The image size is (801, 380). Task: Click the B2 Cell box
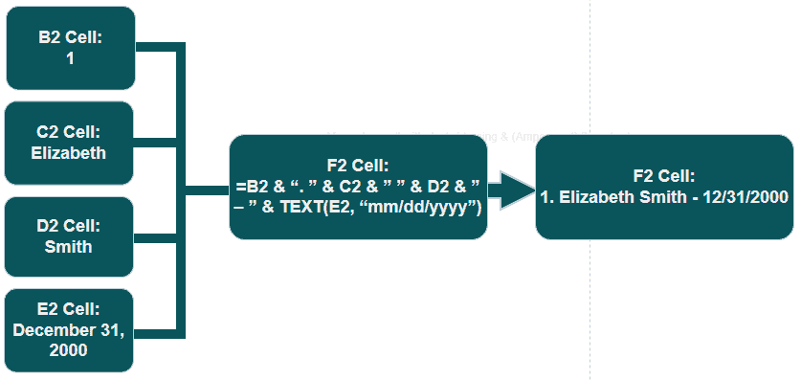click(x=70, y=48)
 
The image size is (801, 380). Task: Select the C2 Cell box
click(x=70, y=142)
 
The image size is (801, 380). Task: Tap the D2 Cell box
click(x=70, y=235)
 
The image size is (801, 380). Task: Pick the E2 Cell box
click(x=70, y=328)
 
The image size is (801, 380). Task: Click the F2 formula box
click(x=358, y=187)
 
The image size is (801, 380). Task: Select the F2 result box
click(x=663, y=187)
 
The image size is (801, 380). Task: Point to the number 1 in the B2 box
click(x=70, y=58)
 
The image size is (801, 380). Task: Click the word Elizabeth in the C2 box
click(x=70, y=152)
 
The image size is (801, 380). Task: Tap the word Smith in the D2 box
click(x=70, y=246)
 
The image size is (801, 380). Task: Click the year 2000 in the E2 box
click(x=70, y=349)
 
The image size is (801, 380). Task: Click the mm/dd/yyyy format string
click(x=436, y=207)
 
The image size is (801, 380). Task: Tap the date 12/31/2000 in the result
click(x=743, y=197)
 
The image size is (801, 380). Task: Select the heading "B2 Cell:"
click(x=70, y=38)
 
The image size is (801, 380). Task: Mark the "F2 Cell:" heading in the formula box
click(x=358, y=165)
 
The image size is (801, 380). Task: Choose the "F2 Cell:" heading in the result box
click(x=663, y=176)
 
